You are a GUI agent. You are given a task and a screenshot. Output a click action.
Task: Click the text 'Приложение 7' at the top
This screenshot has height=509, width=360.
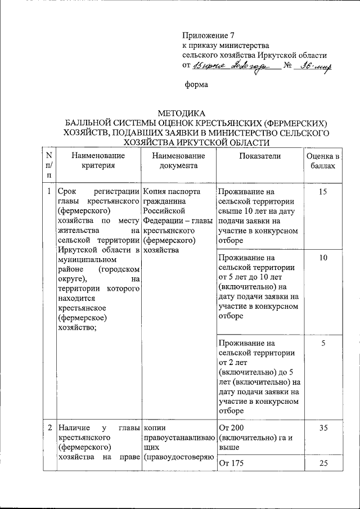(207, 35)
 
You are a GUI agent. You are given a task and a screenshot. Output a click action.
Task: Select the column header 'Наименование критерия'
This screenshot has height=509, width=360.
(98, 161)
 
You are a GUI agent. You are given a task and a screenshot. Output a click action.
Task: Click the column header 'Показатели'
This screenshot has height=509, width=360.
(259, 156)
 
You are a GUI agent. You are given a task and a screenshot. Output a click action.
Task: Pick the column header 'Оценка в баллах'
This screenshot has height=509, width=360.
(322, 161)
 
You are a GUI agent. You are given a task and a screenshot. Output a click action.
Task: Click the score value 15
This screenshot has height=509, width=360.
(322, 192)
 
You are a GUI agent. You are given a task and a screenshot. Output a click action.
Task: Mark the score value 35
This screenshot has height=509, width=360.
(323, 428)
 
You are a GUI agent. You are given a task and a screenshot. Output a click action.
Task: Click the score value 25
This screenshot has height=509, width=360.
(323, 463)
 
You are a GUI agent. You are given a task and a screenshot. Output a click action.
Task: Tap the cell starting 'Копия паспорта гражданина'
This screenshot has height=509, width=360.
(178, 220)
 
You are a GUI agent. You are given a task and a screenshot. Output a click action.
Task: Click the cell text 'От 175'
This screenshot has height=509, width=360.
(233, 463)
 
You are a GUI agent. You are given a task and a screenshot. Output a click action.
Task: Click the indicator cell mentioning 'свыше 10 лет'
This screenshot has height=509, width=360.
(259, 215)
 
